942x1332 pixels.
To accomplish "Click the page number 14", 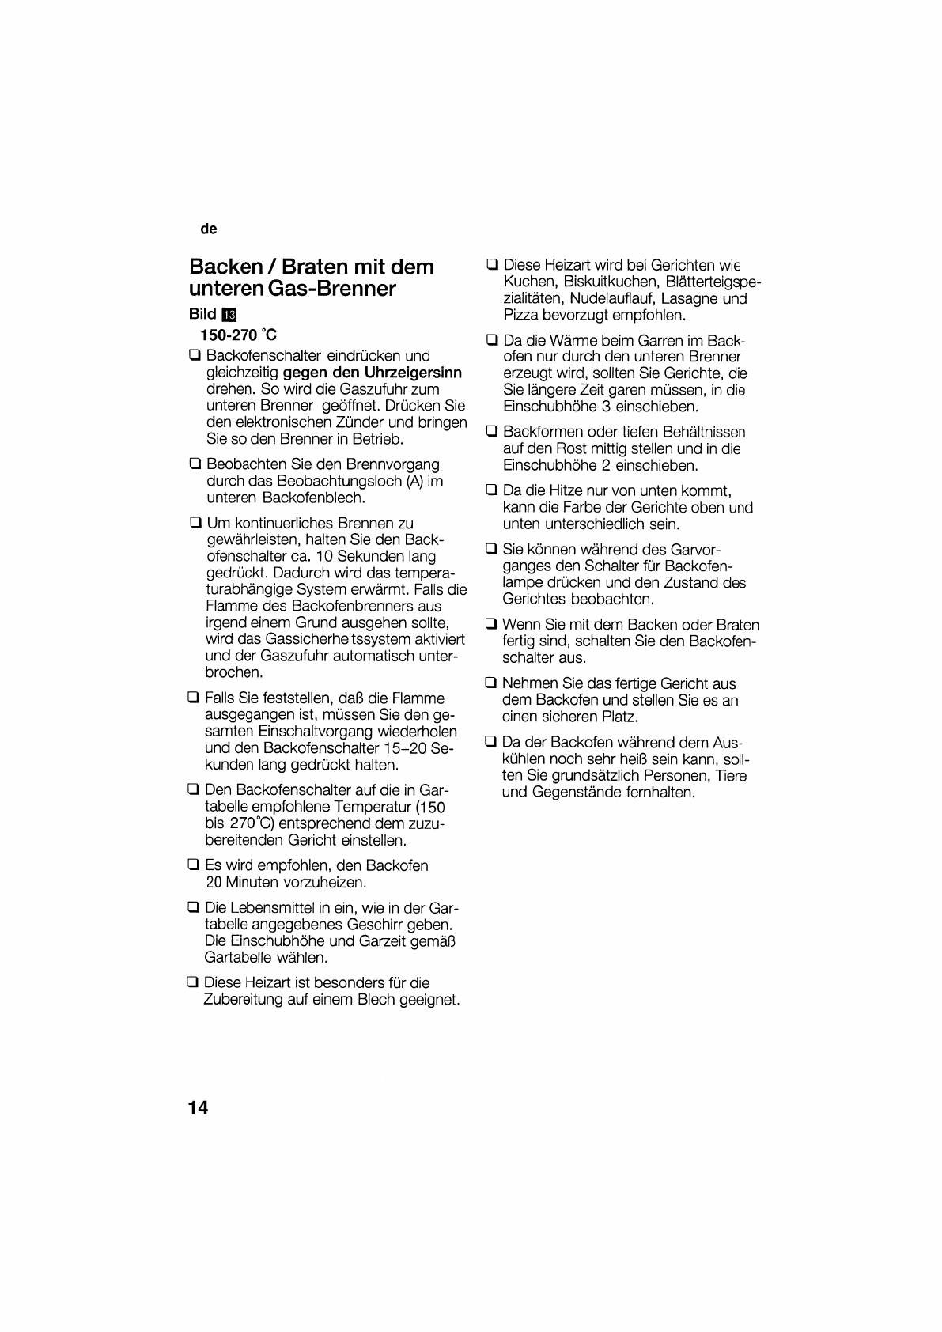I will (199, 1107).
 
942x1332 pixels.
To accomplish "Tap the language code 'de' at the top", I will (209, 229).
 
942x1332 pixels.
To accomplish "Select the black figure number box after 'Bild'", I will (230, 314).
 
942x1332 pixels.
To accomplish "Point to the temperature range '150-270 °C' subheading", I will (239, 335).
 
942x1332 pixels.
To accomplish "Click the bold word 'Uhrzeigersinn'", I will (414, 373).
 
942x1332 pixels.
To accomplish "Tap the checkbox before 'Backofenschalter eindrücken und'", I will (195, 355).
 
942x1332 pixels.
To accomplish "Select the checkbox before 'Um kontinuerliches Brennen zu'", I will (195, 523).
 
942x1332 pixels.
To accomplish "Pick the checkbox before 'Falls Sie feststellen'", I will (193, 698).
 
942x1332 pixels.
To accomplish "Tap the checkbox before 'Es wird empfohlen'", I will (193, 865).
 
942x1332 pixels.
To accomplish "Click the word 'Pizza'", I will (521, 315).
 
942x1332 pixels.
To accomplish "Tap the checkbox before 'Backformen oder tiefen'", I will (491, 431).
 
